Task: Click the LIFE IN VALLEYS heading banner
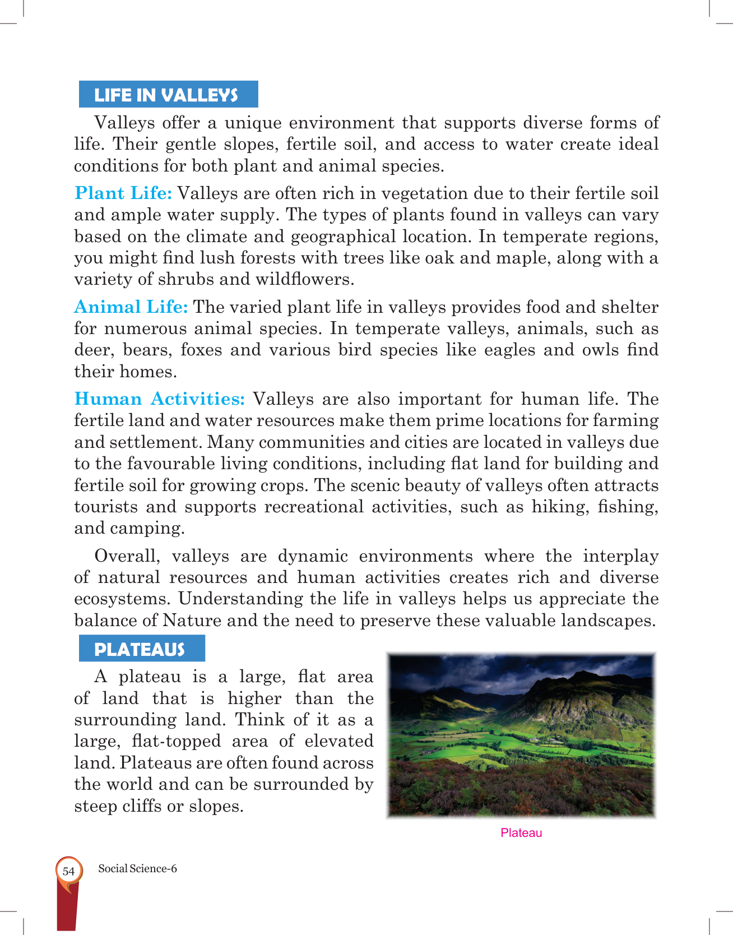[x=168, y=95]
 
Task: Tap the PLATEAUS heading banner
[x=141, y=649]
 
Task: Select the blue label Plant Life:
[x=123, y=193]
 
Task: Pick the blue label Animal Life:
[x=131, y=307]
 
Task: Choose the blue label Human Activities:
[x=160, y=399]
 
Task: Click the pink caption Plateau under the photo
[x=521, y=833]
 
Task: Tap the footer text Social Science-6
[x=137, y=869]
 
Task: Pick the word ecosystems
[x=121, y=599]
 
